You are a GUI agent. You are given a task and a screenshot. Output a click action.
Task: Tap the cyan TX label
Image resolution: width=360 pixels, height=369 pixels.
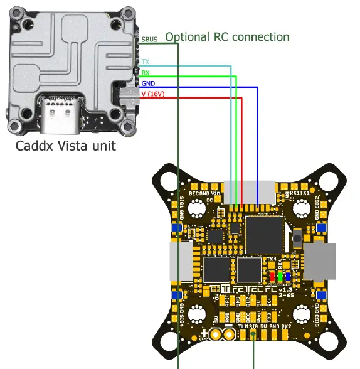(146, 62)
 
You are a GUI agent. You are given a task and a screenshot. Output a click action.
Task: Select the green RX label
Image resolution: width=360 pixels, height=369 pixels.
(146, 73)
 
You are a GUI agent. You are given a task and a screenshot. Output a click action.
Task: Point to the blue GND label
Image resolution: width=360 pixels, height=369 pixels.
(148, 83)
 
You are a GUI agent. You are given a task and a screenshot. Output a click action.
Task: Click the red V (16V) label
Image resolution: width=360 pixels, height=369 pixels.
(152, 94)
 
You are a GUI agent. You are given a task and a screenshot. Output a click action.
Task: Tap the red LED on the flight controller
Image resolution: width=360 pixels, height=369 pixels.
(272, 276)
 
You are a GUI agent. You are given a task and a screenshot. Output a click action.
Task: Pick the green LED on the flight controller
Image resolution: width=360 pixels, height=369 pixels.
(280, 276)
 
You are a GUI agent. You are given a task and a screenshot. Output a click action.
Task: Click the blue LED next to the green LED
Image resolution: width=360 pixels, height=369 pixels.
(287, 276)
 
